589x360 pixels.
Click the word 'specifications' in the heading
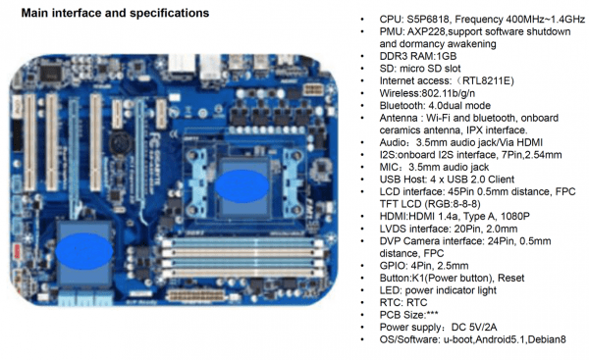pos(170,13)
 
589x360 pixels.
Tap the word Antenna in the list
pos(399,118)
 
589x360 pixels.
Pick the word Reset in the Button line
pos(510,279)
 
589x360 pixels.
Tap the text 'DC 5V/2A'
pos(474,328)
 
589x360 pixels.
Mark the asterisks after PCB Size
pos(432,314)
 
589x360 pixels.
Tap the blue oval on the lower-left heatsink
pos(84,251)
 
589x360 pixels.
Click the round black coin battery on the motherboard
pos(121,143)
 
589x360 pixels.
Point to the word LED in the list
pos(390,290)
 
